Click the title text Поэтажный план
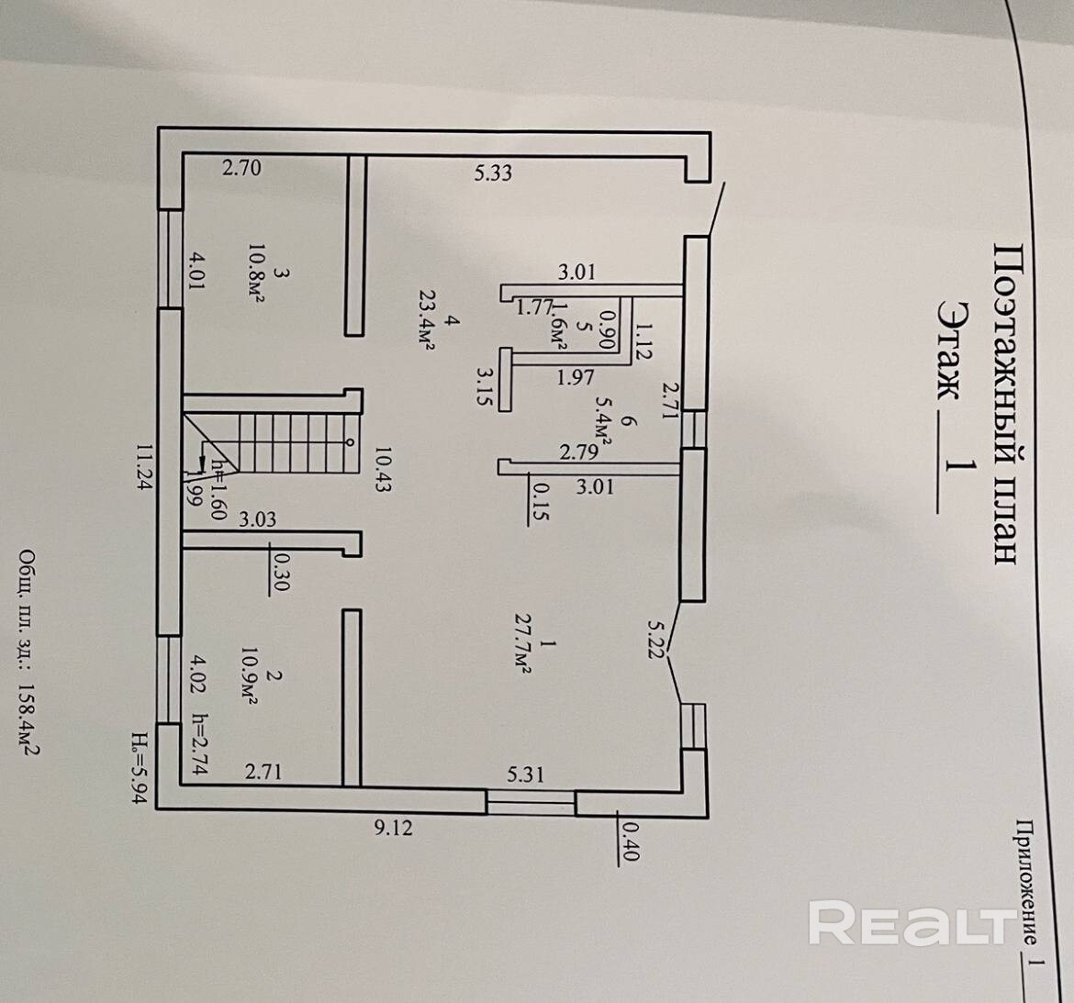click(1005, 404)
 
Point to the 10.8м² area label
click(258, 273)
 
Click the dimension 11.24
click(142, 469)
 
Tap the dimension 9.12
click(394, 828)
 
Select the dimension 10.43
click(383, 469)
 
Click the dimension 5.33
click(493, 172)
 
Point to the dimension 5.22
click(654, 640)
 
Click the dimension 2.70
click(242, 168)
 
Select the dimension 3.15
click(486, 386)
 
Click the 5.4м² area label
click(602, 430)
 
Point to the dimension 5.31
click(526, 775)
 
